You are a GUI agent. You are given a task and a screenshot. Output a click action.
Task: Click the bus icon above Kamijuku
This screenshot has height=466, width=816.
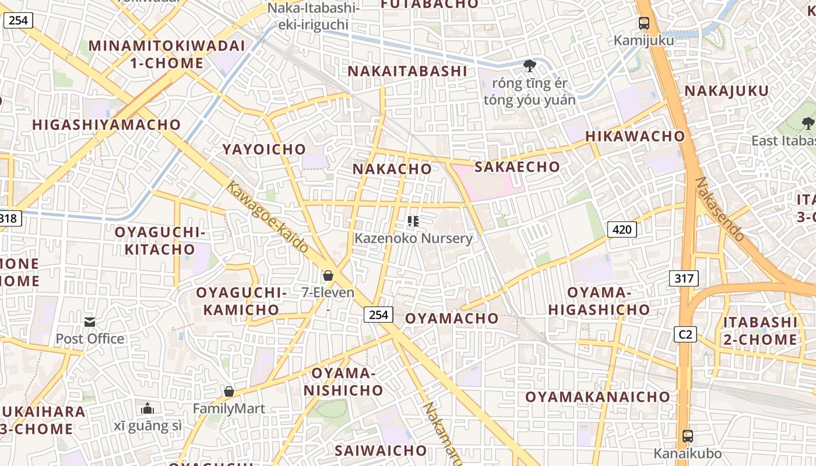tap(644, 23)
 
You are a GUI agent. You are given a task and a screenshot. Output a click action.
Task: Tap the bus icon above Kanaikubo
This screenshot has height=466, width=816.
tap(688, 436)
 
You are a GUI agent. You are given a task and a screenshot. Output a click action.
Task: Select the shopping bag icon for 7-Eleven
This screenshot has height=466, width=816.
tap(328, 275)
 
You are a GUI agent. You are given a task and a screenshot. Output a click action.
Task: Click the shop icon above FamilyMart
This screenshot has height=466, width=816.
tap(229, 391)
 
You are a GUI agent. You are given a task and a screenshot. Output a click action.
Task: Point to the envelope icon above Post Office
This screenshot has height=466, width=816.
tap(90, 322)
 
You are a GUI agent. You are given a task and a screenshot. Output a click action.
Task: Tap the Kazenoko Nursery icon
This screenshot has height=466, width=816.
tap(413, 221)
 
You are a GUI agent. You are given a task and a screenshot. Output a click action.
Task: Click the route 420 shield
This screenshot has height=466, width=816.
tap(622, 230)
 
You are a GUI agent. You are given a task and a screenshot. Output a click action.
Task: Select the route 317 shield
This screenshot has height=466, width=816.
tap(684, 278)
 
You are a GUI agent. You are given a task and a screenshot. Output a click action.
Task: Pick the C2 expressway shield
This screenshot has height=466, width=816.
tap(685, 334)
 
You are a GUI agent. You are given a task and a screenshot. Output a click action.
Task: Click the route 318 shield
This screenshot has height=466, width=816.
tap(9, 218)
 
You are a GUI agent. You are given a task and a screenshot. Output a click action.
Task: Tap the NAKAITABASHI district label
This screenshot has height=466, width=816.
tap(407, 71)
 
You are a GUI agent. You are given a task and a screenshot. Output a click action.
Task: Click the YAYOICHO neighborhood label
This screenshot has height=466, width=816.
tap(264, 149)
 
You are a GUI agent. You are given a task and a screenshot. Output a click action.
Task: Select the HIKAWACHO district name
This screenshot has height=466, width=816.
tap(635, 136)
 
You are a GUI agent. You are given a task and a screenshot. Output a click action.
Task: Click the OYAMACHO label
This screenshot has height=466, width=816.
tap(452, 318)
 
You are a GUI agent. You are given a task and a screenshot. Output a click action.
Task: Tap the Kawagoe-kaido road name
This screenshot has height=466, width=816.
tap(267, 217)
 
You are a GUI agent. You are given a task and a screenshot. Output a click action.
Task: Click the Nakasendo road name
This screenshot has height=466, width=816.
tap(720, 210)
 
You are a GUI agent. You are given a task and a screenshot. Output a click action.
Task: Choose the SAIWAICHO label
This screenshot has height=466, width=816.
tap(381, 450)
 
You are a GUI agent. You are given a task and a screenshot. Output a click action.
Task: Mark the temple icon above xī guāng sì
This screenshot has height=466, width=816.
tap(147, 408)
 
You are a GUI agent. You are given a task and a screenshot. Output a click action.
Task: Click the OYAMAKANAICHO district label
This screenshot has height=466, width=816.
tap(598, 397)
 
